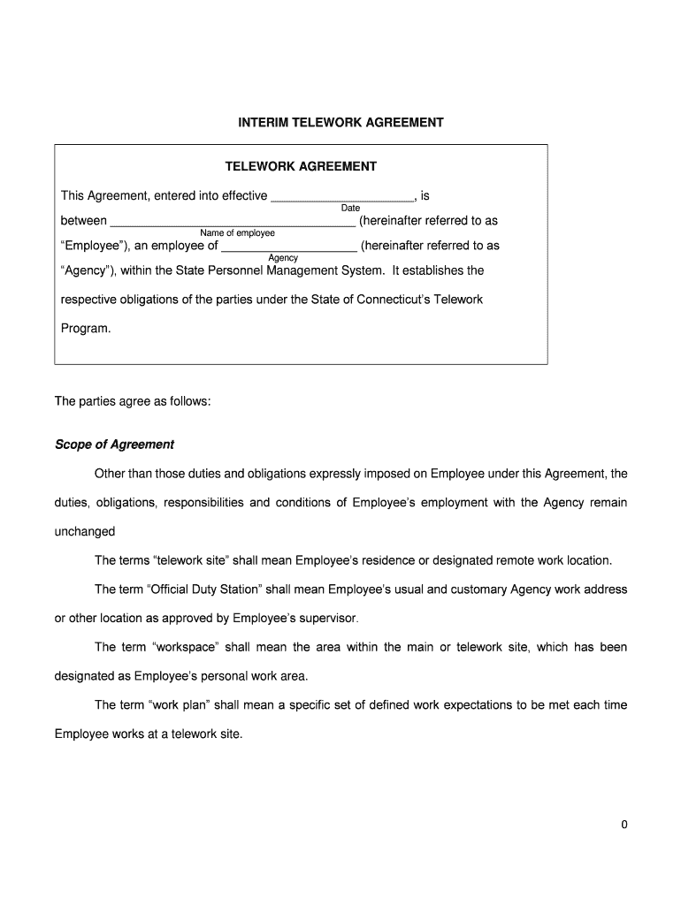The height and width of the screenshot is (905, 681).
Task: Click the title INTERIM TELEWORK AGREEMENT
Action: click(x=340, y=122)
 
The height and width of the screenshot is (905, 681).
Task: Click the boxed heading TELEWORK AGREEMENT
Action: click(x=301, y=166)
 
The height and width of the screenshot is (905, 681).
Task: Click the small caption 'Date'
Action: click(x=350, y=209)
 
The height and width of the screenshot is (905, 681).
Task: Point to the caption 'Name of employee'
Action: click(x=237, y=233)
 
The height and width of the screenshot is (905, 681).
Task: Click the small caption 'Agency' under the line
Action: click(x=283, y=258)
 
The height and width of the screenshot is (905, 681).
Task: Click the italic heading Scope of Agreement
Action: click(x=114, y=445)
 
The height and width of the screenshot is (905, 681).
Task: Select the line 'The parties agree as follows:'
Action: click(x=133, y=401)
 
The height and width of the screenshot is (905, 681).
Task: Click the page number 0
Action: click(x=624, y=825)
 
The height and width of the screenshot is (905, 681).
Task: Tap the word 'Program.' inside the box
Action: click(x=87, y=328)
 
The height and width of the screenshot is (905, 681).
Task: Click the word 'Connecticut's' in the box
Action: click(x=395, y=300)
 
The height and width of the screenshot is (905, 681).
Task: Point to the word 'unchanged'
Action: click(x=85, y=532)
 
